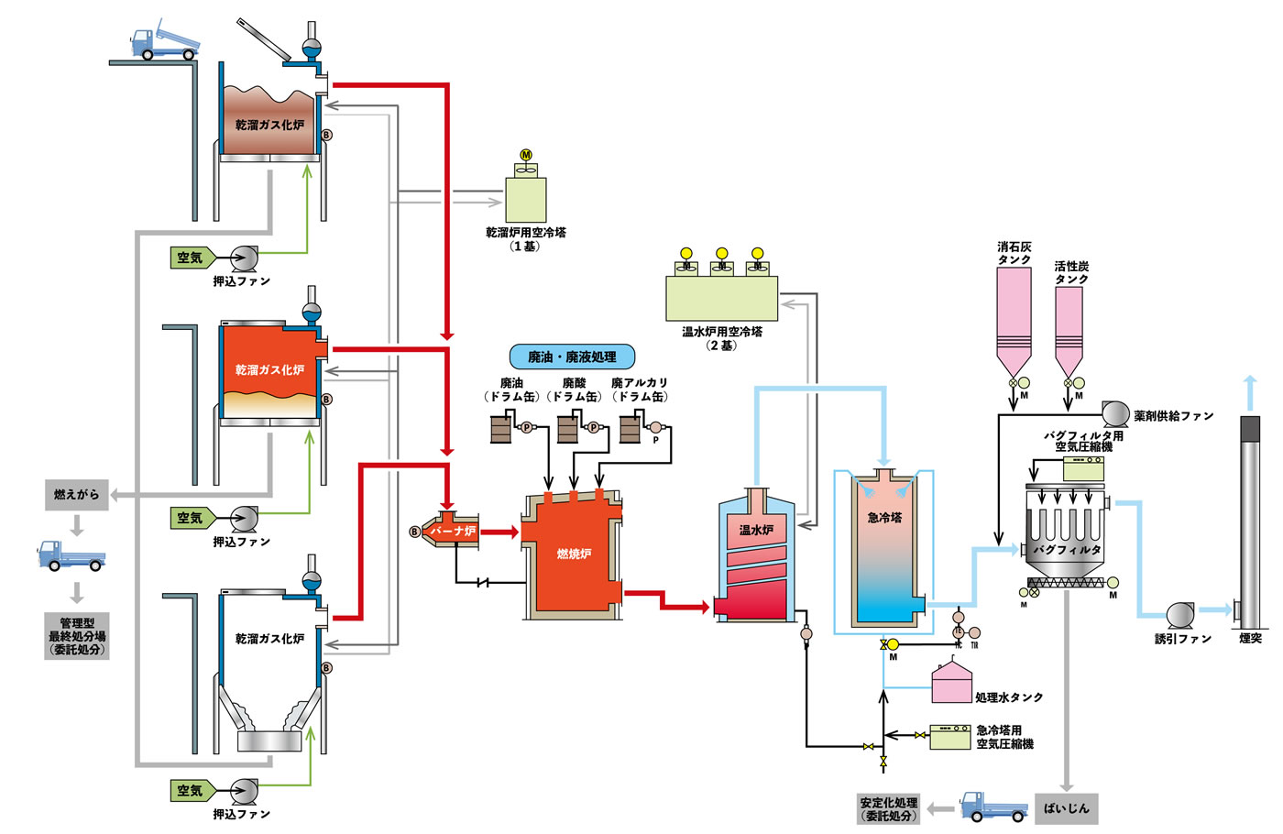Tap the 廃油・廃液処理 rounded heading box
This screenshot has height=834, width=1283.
click(572, 357)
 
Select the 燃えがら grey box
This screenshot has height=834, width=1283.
click(76, 495)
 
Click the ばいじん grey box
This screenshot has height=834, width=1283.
click(1066, 808)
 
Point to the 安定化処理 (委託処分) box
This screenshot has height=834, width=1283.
click(888, 808)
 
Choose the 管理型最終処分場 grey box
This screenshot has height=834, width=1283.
click(77, 636)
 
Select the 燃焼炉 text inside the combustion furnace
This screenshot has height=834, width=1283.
click(574, 554)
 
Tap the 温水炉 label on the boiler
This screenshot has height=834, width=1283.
click(756, 530)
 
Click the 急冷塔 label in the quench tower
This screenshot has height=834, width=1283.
click(884, 518)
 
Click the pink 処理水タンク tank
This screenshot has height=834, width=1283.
click(951, 685)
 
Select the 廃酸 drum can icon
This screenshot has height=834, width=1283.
click(569, 428)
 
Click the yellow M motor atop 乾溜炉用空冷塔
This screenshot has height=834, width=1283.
click(526, 155)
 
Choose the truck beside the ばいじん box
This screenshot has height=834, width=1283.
click(993, 807)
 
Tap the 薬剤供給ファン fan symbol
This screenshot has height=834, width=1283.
click(1114, 414)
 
